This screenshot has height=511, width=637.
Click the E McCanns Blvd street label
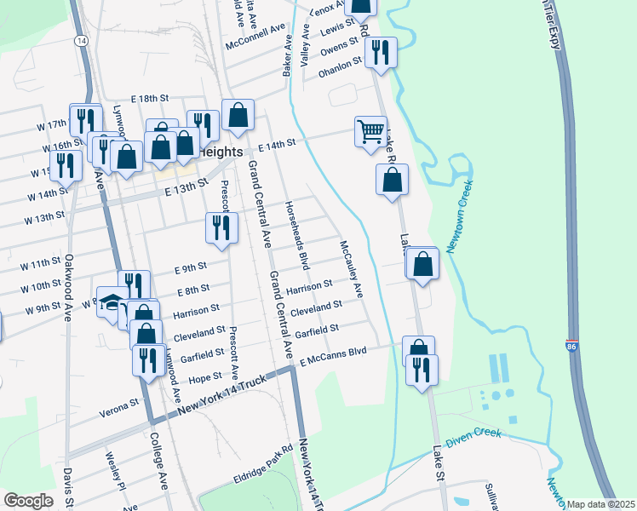(333, 355)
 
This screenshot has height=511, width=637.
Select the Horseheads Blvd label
(299, 230)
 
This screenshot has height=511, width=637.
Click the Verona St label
(122, 401)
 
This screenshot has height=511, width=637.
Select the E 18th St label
(151, 100)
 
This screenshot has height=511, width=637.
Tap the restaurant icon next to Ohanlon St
(380, 53)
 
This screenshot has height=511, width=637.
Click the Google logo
(28, 500)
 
